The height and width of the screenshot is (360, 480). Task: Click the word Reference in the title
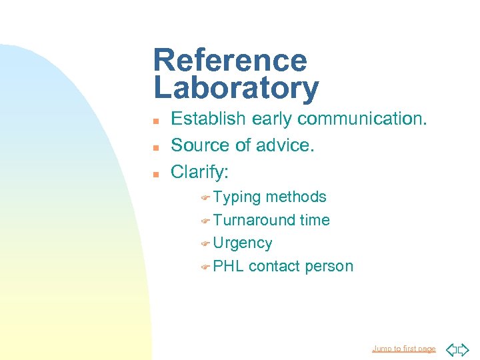[230, 61]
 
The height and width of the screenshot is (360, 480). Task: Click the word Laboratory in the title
[236, 88]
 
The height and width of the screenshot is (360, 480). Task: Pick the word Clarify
[199, 172]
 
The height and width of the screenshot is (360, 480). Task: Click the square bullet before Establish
[155, 121]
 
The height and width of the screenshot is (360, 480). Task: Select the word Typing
[237, 197]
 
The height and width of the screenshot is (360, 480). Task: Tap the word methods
[296, 197]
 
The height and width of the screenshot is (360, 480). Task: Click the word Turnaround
[254, 220]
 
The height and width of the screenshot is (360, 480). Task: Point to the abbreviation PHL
[229, 266]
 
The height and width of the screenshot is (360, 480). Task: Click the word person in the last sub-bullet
[329, 267]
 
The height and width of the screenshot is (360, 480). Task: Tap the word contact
[273, 266]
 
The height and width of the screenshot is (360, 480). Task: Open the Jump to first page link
[403, 349]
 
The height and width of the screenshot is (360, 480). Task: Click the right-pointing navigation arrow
[464, 349]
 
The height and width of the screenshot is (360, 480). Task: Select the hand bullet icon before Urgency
[205, 243]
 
